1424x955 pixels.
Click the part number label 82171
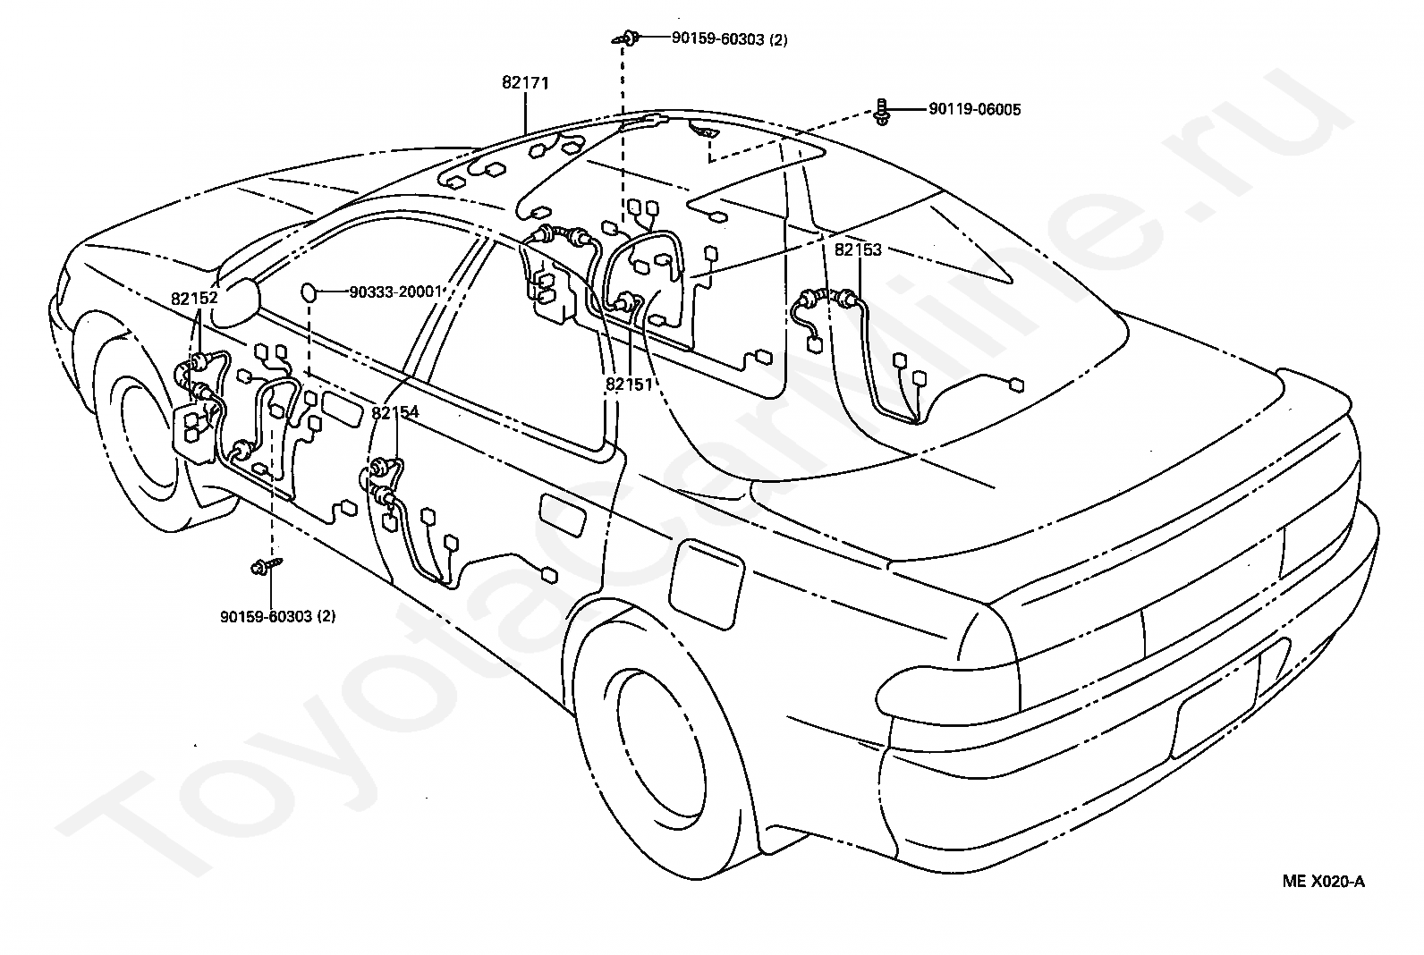525,82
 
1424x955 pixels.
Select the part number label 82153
858,249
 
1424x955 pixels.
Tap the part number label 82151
629,385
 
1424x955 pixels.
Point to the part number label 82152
194,298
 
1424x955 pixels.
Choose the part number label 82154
395,412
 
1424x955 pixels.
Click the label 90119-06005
975,109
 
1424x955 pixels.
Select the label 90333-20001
395,292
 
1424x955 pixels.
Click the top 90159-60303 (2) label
730,39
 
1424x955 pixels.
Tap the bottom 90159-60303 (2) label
278,616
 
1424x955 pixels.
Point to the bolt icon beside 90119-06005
882,111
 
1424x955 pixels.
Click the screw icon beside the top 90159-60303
626,38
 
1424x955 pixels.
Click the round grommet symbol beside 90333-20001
309,292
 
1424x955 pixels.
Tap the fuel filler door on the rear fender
706,583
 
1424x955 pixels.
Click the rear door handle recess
564,515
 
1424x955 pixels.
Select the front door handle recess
342,410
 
